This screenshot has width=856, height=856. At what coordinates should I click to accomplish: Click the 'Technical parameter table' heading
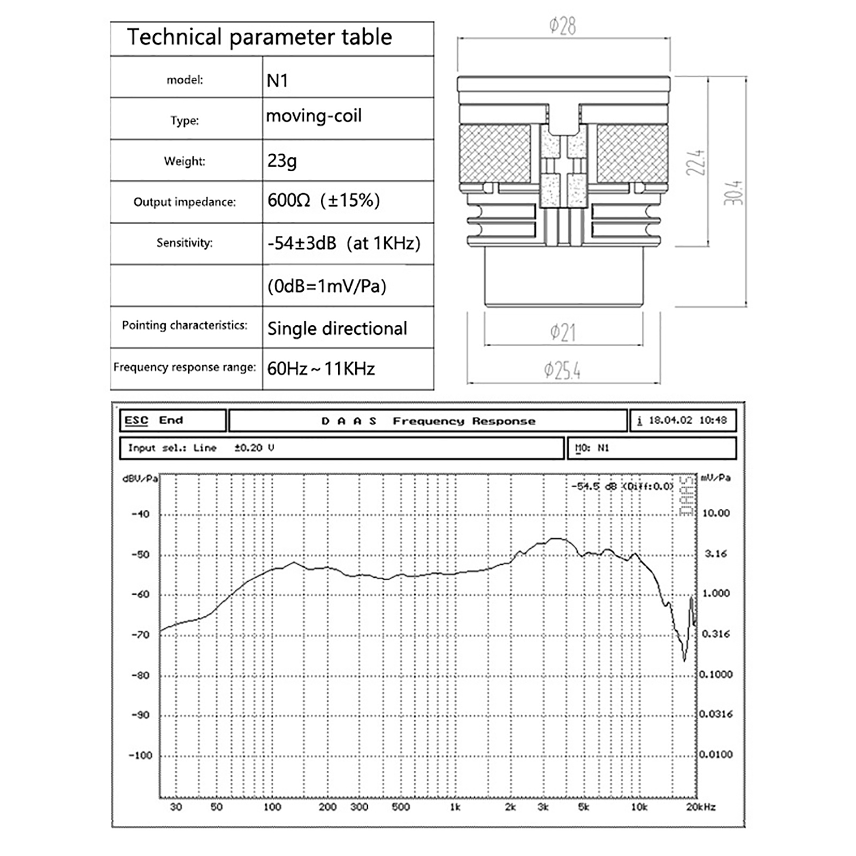[x=259, y=37]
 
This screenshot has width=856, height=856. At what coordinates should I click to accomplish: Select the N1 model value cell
[x=278, y=81]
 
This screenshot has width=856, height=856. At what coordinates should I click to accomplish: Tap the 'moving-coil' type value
[x=314, y=116]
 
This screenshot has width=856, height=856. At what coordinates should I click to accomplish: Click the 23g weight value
[x=282, y=160]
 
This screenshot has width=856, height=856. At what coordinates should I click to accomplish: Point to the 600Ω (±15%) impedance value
[x=324, y=201]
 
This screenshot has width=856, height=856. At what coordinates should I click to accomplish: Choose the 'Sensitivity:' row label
[x=185, y=243]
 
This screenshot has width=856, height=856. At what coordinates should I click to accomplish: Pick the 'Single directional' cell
[x=337, y=328]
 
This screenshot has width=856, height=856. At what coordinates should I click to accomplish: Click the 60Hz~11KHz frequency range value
[x=321, y=369]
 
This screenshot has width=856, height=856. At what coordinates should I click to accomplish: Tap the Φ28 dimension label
[x=563, y=26]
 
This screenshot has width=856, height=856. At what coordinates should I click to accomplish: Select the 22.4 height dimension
[x=696, y=163]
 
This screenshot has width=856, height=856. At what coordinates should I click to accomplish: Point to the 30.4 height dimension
[x=734, y=193]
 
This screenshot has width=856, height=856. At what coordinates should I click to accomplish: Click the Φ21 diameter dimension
[x=563, y=333]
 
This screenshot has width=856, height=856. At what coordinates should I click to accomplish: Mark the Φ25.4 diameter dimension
[x=562, y=370]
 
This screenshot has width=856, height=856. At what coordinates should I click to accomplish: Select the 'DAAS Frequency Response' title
[x=428, y=421]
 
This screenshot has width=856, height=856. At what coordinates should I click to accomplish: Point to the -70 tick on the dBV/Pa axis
[x=141, y=635]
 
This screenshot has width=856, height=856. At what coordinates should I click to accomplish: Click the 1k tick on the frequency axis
[x=455, y=807]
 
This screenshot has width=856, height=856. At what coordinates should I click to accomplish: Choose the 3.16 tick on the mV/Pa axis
[x=716, y=554]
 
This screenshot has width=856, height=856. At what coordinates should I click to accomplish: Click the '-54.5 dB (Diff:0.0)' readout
[x=622, y=486]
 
